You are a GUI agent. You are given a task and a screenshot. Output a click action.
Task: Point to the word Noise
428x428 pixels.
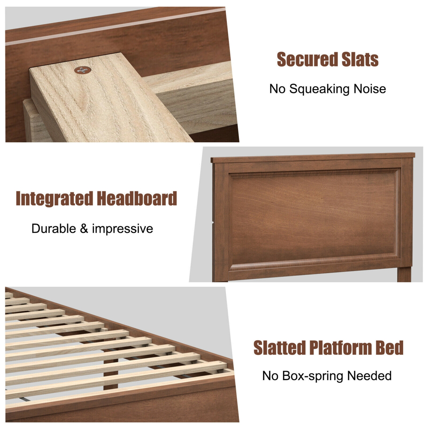pyautogui.click(x=370, y=89)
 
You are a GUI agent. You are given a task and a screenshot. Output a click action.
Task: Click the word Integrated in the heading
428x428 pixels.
pyautogui.click(x=54, y=198)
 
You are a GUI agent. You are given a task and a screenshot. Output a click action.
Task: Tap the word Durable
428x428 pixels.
pyautogui.click(x=54, y=229)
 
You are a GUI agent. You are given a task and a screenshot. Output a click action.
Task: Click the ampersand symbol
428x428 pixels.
pyautogui.click(x=84, y=229)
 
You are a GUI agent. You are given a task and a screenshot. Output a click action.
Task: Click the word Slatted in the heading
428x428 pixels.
pyautogui.click(x=279, y=348)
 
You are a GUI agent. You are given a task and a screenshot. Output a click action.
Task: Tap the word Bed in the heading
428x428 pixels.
pyautogui.click(x=389, y=348)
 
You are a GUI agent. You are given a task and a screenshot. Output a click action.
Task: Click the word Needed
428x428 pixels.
pyautogui.click(x=369, y=376)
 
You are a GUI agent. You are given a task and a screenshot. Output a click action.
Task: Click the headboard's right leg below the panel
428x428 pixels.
pyautogui.click(x=404, y=274)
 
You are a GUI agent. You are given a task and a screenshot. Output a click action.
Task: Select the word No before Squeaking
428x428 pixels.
pyautogui.click(x=277, y=89)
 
